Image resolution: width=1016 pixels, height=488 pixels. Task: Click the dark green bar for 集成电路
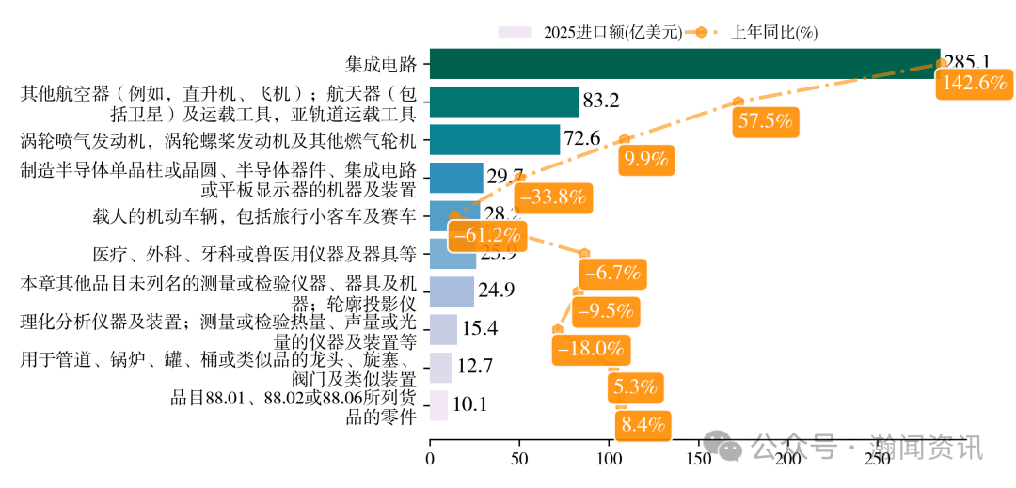tap(684, 64)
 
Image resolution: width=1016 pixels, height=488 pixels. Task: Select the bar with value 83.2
tap(503, 102)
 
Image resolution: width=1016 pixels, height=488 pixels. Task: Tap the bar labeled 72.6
tap(494, 139)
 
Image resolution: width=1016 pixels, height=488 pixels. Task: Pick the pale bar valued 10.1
tap(438, 405)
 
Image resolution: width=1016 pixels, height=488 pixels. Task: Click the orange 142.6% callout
tap(974, 83)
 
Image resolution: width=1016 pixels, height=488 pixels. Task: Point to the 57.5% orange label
tap(766, 120)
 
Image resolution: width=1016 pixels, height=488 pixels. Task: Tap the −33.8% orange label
tap(552, 197)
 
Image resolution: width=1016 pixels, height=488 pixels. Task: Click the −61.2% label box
tap(486, 235)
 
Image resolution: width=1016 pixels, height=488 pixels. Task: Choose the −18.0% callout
tap(591, 349)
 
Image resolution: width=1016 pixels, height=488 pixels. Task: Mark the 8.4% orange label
tap(643, 425)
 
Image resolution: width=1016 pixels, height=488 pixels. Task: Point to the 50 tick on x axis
tap(519, 460)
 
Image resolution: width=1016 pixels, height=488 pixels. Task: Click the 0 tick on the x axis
tap(430, 460)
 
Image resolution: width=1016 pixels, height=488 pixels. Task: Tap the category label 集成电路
tap(380, 65)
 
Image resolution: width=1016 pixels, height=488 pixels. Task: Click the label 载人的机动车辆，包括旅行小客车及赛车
tap(254, 216)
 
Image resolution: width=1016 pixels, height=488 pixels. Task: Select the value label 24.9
tap(496, 291)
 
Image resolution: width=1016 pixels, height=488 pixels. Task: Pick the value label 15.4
tap(479, 329)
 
